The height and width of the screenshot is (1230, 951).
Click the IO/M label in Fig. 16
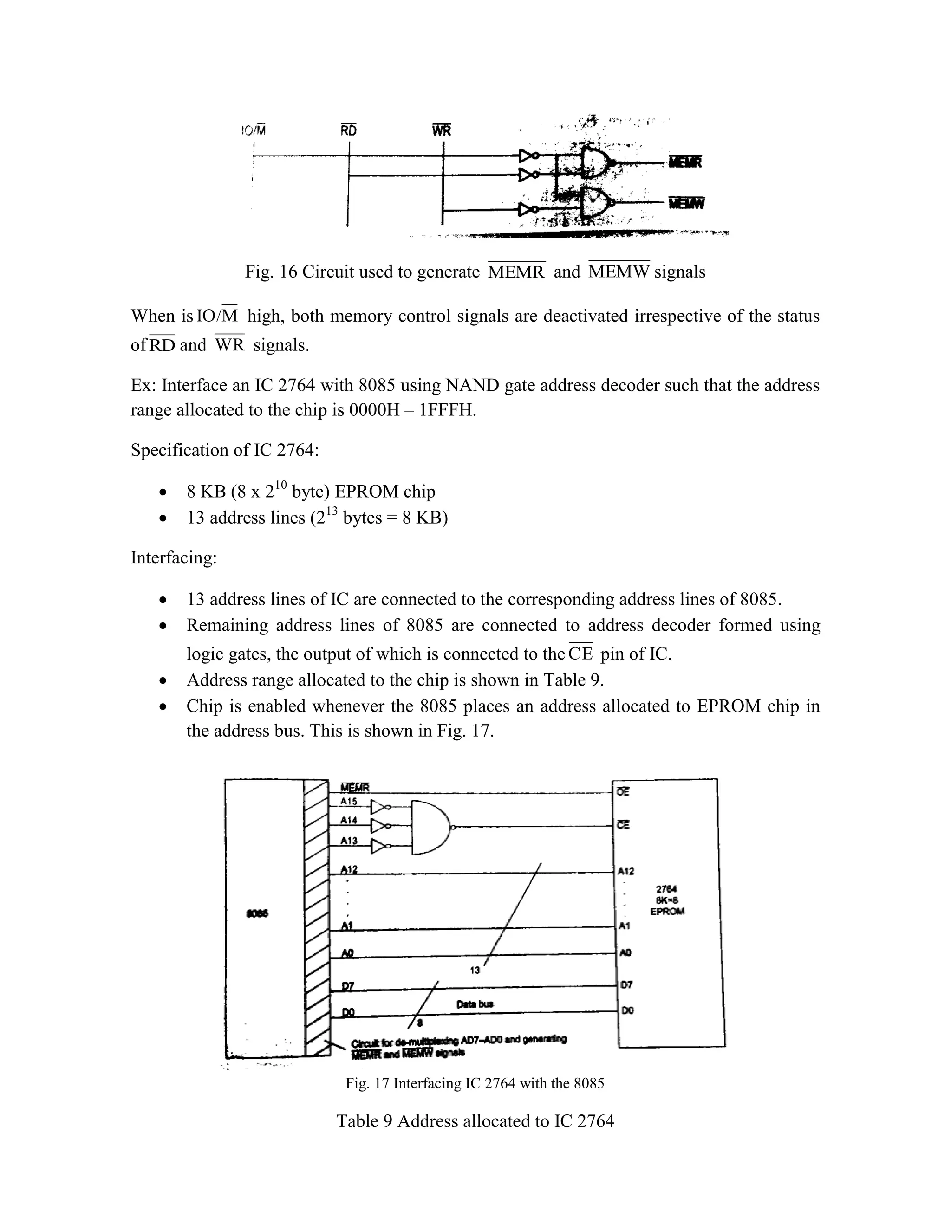click(x=254, y=131)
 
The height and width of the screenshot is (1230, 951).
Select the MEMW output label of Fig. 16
click(x=686, y=203)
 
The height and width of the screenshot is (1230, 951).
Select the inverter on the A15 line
click(x=380, y=807)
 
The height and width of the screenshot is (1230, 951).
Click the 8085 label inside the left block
click(x=257, y=913)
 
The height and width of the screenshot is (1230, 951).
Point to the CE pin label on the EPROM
click(x=623, y=825)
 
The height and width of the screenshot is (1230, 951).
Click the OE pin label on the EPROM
click(x=623, y=792)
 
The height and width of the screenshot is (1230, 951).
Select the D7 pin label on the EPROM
click(x=626, y=985)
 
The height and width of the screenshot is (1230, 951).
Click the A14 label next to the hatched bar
click(x=349, y=821)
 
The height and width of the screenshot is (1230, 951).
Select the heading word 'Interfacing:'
click(x=174, y=558)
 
